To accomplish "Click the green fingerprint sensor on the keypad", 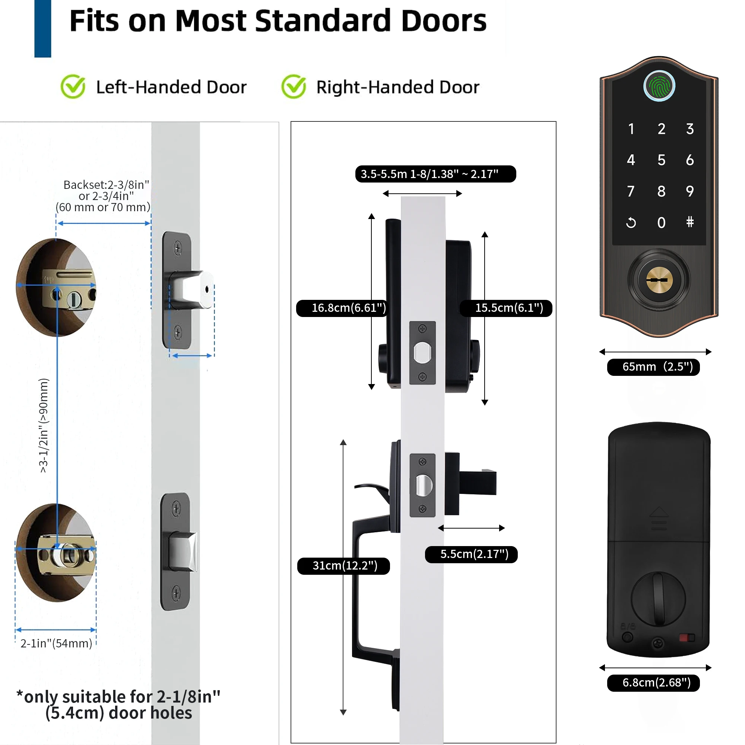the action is (659, 86).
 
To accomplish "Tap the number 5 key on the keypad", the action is (661, 160).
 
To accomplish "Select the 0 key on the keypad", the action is (661, 222).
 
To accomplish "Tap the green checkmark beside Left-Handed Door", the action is (73, 86).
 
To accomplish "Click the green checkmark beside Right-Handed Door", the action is (294, 86).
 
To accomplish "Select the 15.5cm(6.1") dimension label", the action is (506, 308).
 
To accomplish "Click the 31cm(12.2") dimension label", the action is (343, 566).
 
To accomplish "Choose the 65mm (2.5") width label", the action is (653, 367).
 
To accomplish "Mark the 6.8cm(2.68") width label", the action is (653, 683).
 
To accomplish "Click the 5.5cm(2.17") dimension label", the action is (471, 555).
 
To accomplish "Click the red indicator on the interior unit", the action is (684, 638).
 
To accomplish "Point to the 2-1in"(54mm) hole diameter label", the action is (56, 644).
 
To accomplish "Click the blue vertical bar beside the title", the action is (43, 29).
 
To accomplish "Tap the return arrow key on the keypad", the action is (631, 222).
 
